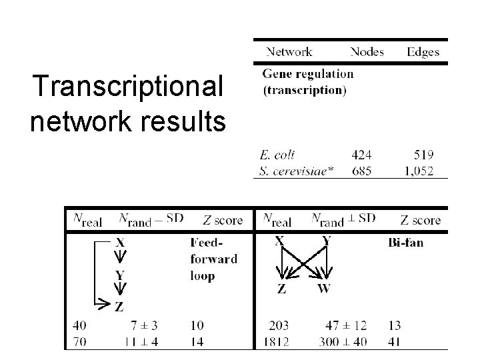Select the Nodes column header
coord(368,51)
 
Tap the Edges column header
coord(423,51)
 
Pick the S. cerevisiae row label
coord(294,171)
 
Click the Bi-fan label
coord(405,243)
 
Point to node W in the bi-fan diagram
coord(324,288)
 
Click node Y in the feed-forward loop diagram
coord(119,274)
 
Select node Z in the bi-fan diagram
coord(282,288)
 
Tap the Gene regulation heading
coord(307,73)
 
